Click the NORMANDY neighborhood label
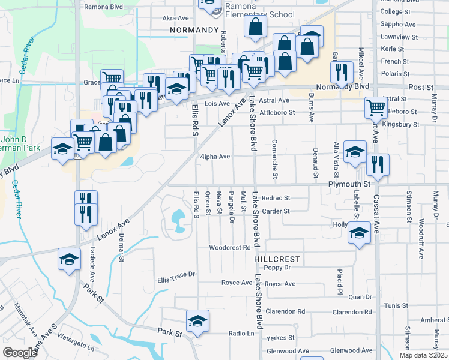[193, 29]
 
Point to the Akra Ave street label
[175, 18]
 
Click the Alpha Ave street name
[215, 157]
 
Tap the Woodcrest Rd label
[229, 247]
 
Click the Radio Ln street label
[242, 333]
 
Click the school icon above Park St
[197, 321]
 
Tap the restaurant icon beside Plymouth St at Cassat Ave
[378, 165]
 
